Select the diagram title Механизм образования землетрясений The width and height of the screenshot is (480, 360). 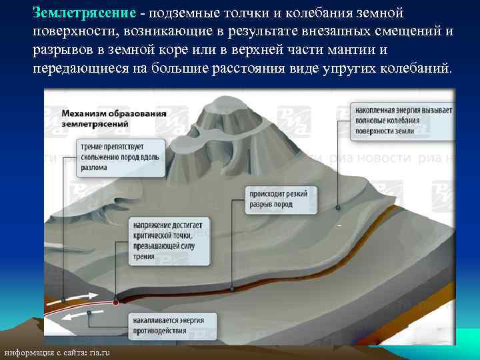click(114, 118)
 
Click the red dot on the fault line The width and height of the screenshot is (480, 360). click(115, 302)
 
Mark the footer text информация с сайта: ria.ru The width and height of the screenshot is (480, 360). click(57, 353)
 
